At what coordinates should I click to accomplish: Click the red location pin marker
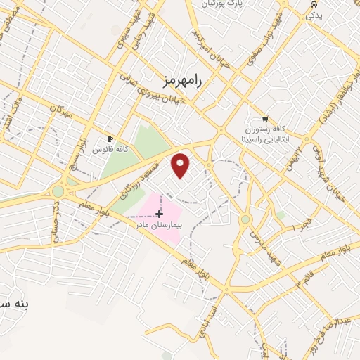pos(181,165)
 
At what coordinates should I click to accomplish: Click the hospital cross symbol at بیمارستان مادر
pos(160,214)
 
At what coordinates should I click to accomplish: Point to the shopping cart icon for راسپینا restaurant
pos(264,119)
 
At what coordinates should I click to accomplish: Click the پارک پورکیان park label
pos(212,4)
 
